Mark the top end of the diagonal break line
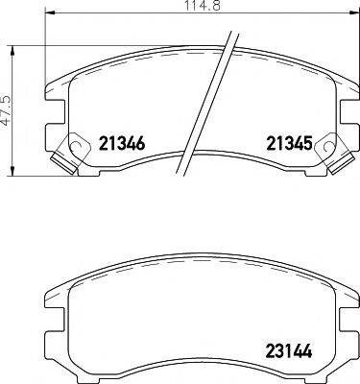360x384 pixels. pos(234,34)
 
